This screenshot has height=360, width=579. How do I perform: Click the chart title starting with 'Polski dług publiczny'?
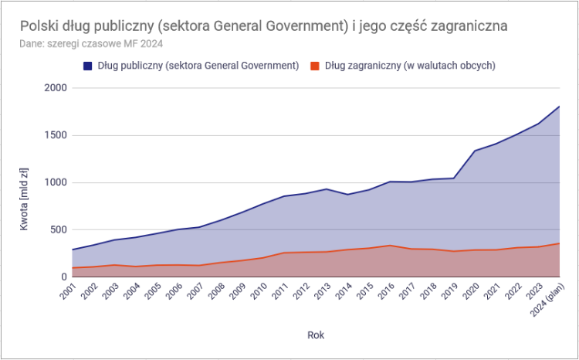[263, 26]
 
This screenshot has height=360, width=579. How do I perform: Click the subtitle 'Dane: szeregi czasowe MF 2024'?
[91, 43]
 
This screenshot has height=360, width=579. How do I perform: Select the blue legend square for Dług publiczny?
[87, 66]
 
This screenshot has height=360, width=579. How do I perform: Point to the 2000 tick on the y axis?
[56, 88]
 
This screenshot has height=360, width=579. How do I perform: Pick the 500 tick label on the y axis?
[59, 229]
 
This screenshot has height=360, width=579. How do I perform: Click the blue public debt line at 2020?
[474, 151]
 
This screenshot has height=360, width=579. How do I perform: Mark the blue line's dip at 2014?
[347, 195]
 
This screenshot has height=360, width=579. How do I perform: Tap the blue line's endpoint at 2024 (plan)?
[559, 107]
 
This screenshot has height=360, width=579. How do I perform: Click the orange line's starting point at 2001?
[72, 268]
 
